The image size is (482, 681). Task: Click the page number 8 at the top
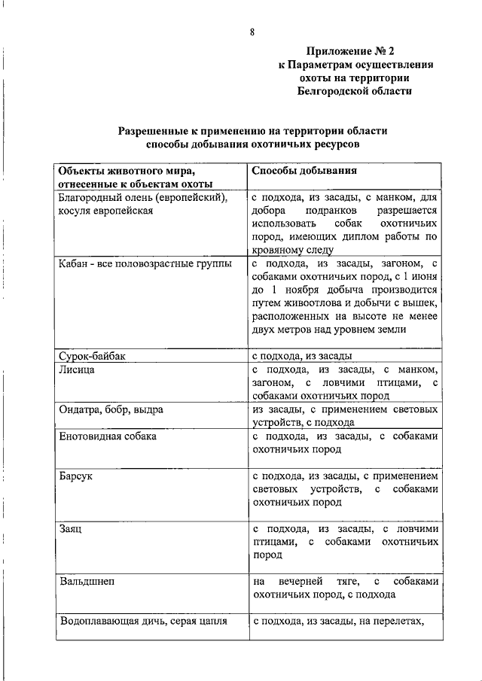click(252, 31)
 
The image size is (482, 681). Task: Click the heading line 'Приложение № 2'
click(350, 51)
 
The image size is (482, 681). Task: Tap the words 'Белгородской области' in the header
click(355, 90)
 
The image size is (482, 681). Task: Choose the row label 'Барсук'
click(76, 476)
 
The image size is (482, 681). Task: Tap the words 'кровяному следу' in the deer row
click(291, 251)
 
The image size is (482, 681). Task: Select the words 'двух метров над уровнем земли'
click(329, 330)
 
